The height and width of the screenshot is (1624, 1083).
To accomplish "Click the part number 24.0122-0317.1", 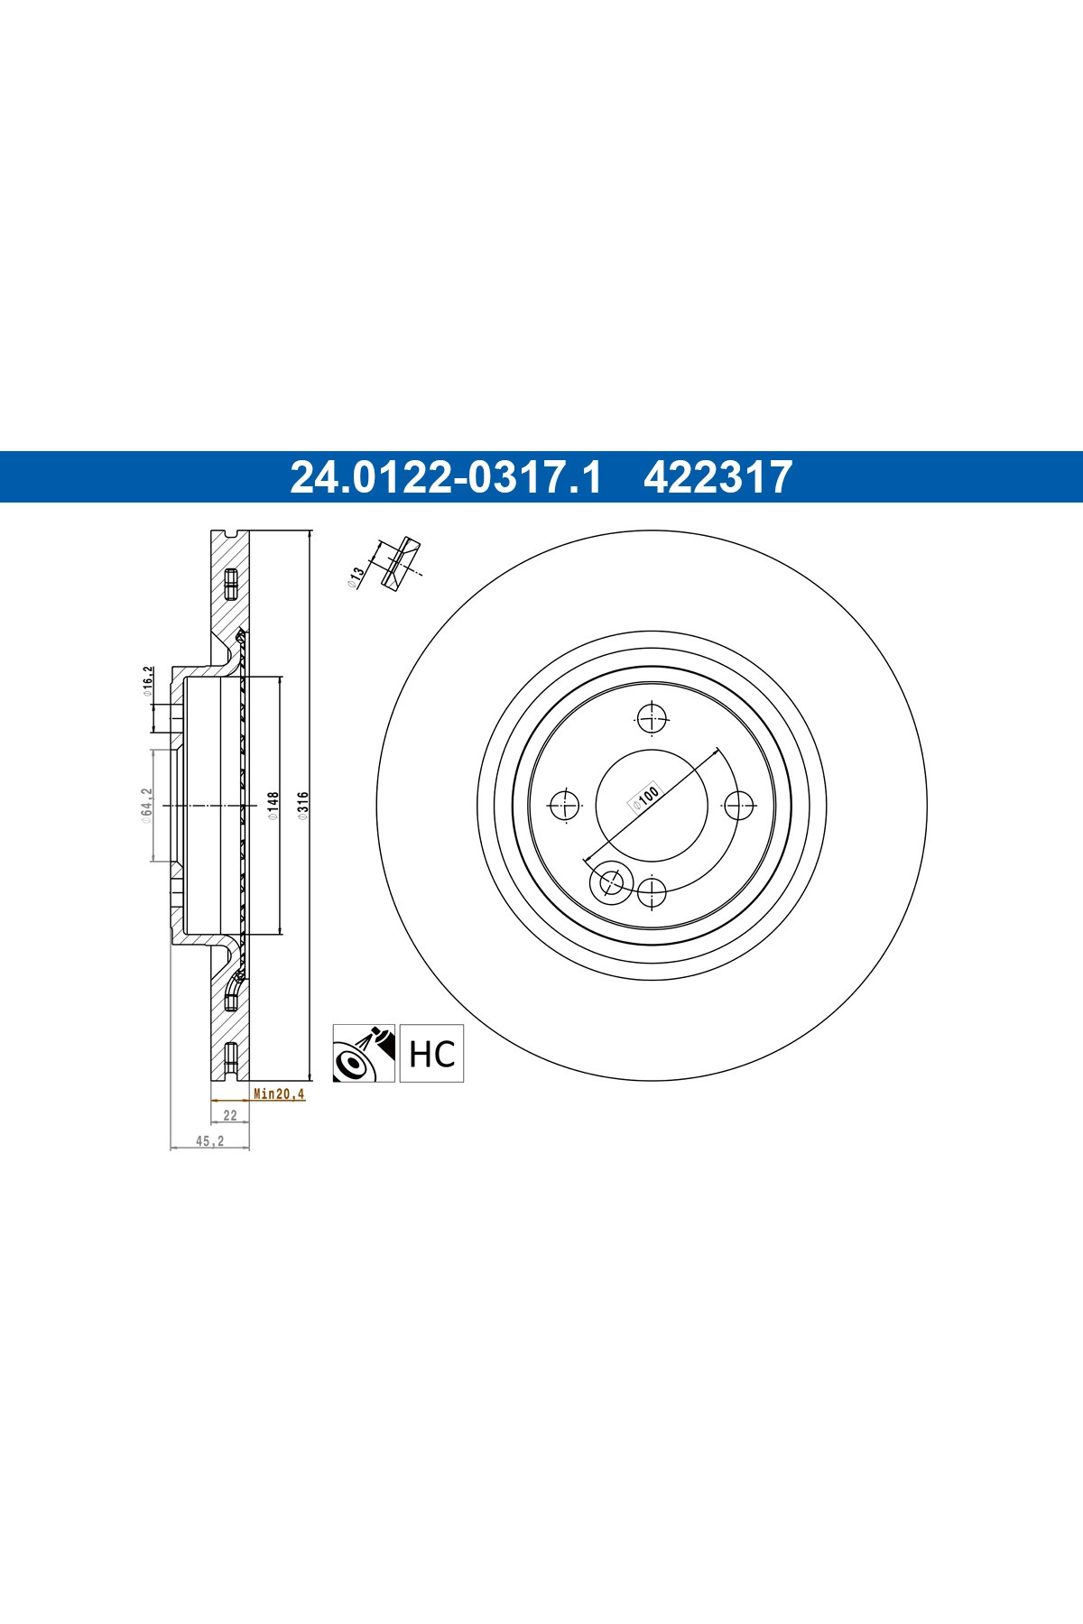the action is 445,477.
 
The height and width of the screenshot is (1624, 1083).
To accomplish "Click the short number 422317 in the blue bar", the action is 717,477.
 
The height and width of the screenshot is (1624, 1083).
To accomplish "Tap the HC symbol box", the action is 431,1053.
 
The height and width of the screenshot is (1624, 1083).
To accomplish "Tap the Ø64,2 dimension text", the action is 145,804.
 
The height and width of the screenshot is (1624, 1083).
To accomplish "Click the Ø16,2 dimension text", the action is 147,682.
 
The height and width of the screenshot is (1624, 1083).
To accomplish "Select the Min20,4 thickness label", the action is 279,1093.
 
